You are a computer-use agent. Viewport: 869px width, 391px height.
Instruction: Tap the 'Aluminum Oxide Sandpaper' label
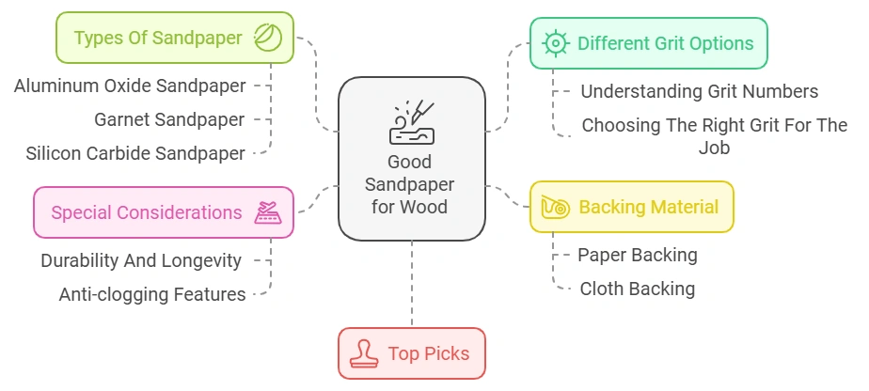(x=130, y=86)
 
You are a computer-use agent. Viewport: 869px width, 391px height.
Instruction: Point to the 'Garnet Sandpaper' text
(x=169, y=119)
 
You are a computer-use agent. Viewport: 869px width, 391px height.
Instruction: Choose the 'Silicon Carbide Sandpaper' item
(x=135, y=153)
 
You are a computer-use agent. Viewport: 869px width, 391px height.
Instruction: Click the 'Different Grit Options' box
(x=648, y=43)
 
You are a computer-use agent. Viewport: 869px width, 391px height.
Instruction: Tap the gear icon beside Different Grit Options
(x=557, y=43)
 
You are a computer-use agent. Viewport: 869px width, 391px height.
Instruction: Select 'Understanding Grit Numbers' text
(x=699, y=91)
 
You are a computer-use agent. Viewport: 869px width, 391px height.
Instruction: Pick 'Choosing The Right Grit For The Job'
(x=714, y=135)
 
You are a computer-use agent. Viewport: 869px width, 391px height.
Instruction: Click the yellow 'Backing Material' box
(x=632, y=207)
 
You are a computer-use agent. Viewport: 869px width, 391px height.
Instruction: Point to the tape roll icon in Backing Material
(x=555, y=208)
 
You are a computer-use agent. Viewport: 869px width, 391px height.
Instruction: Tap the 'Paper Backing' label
(x=637, y=254)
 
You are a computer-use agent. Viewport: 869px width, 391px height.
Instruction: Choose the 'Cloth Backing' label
(x=637, y=289)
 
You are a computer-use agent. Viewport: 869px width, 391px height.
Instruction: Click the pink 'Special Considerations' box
(x=164, y=212)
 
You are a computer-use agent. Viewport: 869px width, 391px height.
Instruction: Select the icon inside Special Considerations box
(x=268, y=212)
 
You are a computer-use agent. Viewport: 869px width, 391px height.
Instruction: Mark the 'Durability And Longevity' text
(x=141, y=260)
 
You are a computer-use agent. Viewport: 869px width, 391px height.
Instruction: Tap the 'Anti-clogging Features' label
(x=152, y=294)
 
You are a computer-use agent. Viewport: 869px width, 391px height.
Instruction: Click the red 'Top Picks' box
(x=412, y=353)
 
